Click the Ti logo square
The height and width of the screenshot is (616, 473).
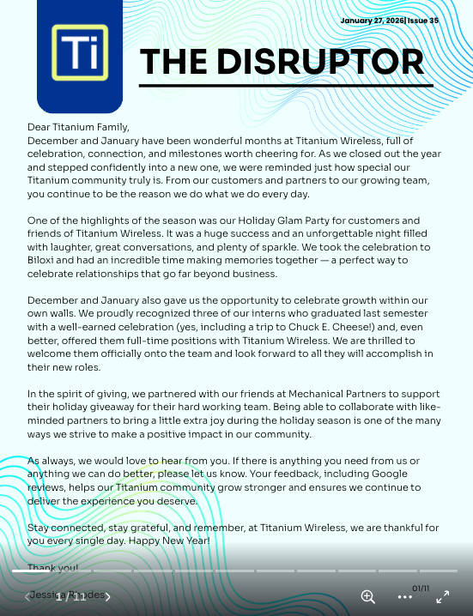79,53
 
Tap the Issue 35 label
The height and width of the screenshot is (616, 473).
422,21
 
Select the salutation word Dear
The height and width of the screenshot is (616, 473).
39,127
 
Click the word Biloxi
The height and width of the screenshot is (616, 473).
43,260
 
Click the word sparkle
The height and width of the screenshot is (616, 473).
300,247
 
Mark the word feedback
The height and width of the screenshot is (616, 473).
294,474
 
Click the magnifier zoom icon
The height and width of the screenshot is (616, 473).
367,597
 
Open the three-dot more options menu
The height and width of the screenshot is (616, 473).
404,597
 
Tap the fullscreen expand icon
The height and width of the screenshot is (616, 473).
443,597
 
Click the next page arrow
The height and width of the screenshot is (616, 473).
107,597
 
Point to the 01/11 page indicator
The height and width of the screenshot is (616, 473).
421,589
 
